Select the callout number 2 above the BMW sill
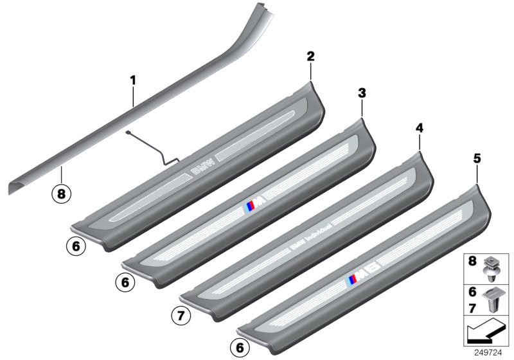point(310,57)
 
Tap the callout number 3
point(362,93)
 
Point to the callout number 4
point(420,129)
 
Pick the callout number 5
point(477,157)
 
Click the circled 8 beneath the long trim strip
point(62,192)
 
